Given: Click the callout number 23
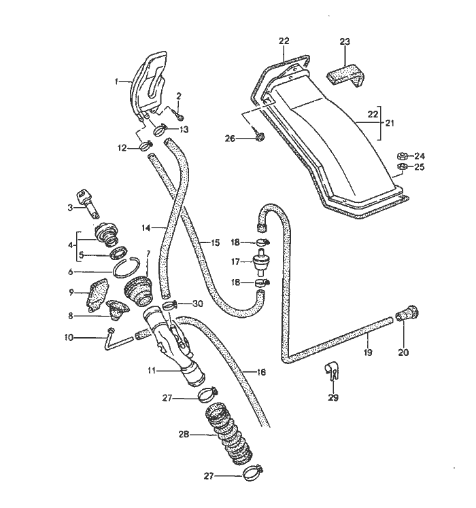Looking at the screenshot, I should (345, 42).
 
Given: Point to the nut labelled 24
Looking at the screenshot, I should (402, 155).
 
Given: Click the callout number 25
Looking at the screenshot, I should (419, 167).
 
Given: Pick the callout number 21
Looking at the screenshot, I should (390, 124).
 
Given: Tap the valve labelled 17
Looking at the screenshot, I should (259, 261).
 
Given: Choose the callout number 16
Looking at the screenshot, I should (260, 371).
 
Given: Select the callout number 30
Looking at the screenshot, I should (198, 304).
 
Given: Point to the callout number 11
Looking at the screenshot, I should (152, 371).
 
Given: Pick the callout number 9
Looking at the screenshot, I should (70, 293).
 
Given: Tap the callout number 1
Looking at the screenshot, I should (117, 81).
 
